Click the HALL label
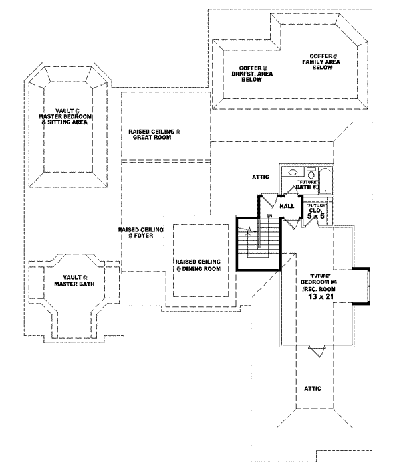287,207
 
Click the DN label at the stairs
270,217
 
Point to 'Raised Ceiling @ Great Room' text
154,134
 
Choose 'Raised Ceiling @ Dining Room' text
198,264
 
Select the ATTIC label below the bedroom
312,388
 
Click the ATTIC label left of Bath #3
260,177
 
